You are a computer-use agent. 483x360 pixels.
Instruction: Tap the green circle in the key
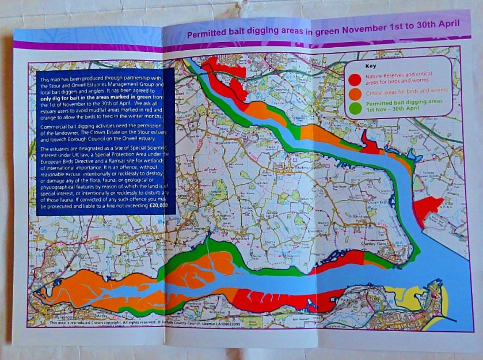[x=356, y=107]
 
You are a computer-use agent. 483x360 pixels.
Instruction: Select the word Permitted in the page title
[x=208, y=35]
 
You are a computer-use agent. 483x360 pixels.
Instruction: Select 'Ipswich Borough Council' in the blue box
[x=68, y=138]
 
